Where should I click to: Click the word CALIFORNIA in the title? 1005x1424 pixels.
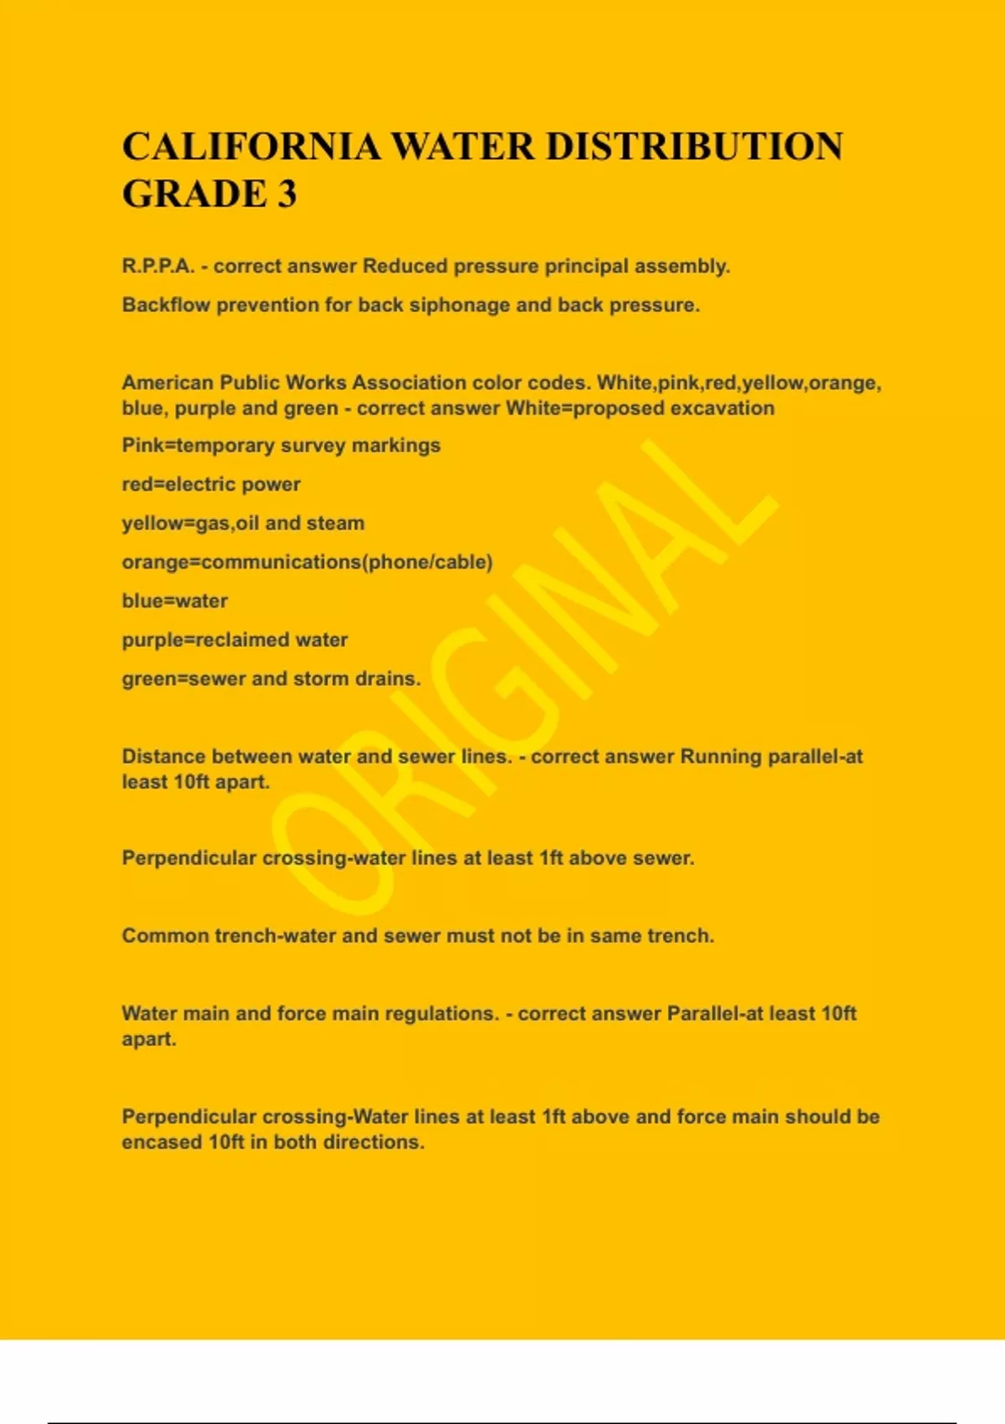pos(251,147)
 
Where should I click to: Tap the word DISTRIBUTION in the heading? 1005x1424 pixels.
pos(694,147)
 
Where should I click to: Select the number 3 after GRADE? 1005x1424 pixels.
pos(286,194)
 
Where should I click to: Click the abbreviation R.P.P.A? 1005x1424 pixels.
pos(158,266)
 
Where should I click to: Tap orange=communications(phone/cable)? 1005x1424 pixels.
pos(307,562)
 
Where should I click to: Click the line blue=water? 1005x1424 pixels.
pos(175,601)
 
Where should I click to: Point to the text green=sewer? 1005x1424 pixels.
pos(183,678)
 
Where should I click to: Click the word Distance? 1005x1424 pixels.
pos(163,756)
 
